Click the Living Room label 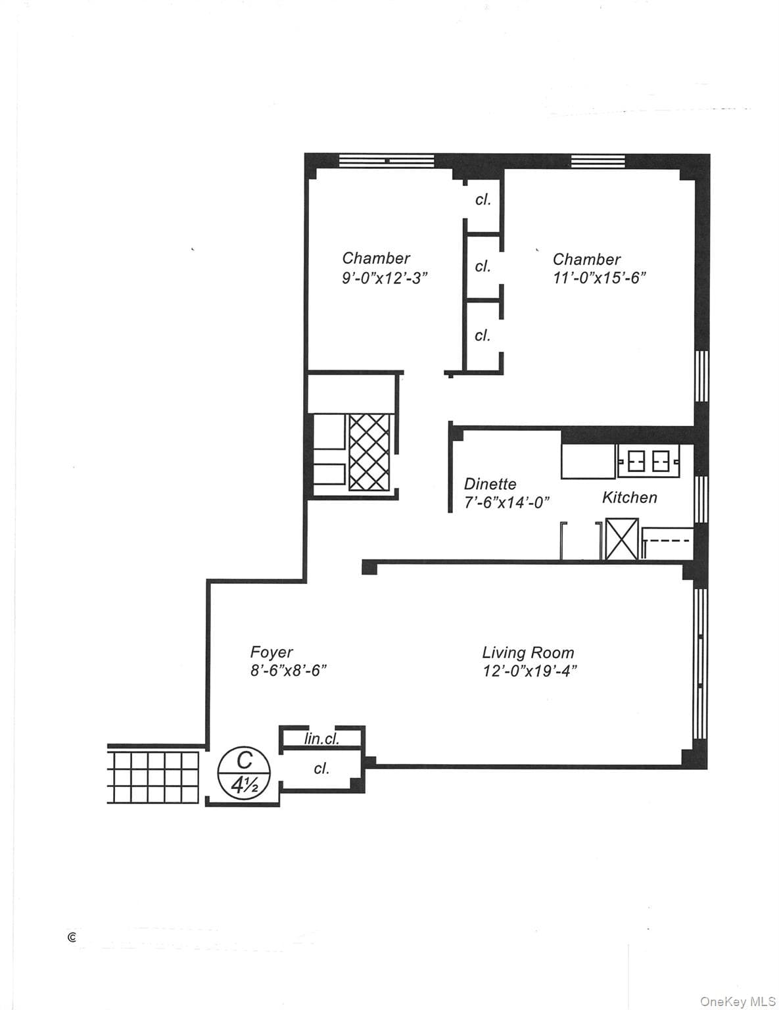[528, 652]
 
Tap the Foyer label [271, 652]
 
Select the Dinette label [490, 484]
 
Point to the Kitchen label [629, 498]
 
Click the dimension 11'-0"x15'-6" [600, 277]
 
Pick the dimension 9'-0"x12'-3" [385, 277]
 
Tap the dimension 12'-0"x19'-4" [530, 671]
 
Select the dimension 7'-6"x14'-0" [507, 502]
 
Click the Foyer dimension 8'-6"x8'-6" [289, 671]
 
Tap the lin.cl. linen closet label [321, 739]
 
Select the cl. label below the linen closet [321, 768]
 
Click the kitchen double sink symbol [648, 461]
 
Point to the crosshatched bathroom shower [369, 452]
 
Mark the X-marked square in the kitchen [622, 539]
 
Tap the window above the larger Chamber [598, 161]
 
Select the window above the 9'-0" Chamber [387, 161]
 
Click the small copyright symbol [72, 938]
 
